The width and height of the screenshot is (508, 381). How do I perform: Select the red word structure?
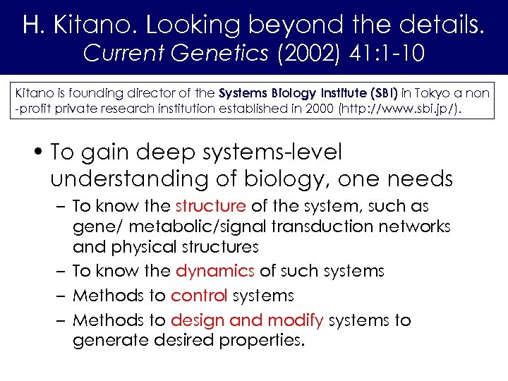click(x=210, y=206)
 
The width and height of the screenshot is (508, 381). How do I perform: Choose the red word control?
click(x=199, y=296)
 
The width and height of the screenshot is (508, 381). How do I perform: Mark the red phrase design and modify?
click(x=247, y=320)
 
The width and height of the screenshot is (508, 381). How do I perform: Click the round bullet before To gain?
click(x=42, y=152)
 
